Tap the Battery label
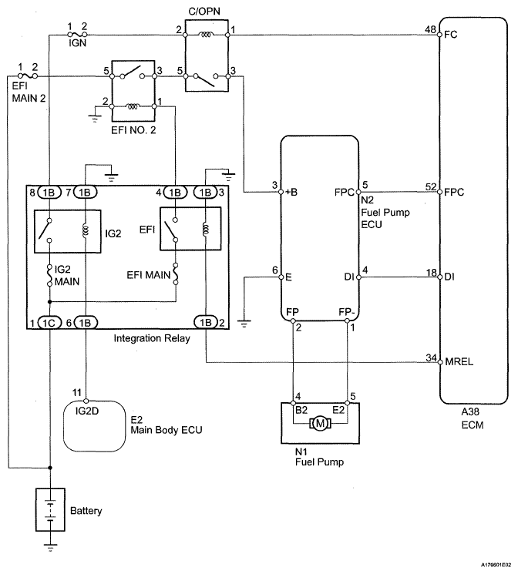tap(86, 510)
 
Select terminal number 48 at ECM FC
tap(429, 30)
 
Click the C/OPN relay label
tap(207, 11)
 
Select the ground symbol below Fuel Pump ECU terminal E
tap(245, 321)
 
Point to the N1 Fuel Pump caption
tap(315, 459)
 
